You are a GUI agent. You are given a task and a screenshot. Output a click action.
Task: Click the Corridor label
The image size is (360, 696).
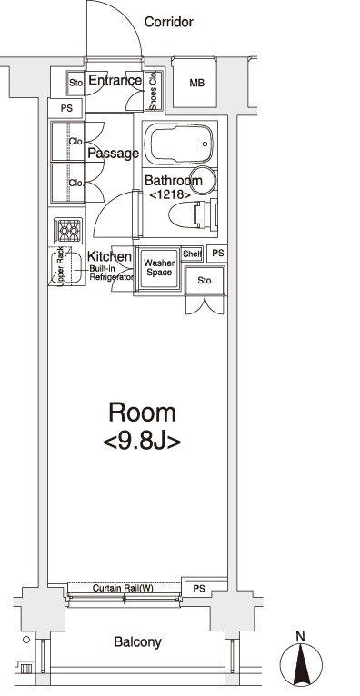(x=169, y=22)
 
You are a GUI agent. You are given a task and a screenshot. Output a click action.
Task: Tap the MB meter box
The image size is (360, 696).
(x=195, y=83)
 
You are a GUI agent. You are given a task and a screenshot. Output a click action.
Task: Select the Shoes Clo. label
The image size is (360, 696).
(x=154, y=91)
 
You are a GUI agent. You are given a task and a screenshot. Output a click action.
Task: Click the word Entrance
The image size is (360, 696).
(x=115, y=80)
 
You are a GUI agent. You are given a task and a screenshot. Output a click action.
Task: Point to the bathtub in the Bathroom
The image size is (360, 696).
(x=179, y=144)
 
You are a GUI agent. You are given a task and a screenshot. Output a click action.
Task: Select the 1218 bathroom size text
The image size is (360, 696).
(x=170, y=194)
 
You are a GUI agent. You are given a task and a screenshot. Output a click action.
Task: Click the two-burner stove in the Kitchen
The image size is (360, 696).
(x=68, y=231)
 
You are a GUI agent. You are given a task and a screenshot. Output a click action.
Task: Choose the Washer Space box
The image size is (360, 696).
(x=158, y=269)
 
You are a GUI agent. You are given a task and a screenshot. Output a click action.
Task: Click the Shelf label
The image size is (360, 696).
(x=192, y=254)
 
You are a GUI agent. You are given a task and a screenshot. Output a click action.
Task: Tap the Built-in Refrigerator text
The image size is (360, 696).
(x=112, y=273)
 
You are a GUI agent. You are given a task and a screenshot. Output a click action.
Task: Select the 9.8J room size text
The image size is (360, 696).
(x=142, y=442)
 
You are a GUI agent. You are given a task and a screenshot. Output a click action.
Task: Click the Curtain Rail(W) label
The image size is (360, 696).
(x=123, y=589)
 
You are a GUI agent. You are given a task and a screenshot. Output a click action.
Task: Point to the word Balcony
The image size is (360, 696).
(x=137, y=641)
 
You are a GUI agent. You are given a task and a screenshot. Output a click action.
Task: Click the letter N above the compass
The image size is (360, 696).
(x=301, y=636)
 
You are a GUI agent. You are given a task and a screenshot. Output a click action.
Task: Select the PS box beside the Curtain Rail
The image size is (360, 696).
(x=200, y=589)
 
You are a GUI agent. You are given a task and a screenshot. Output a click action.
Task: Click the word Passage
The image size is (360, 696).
(x=114, y=154)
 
